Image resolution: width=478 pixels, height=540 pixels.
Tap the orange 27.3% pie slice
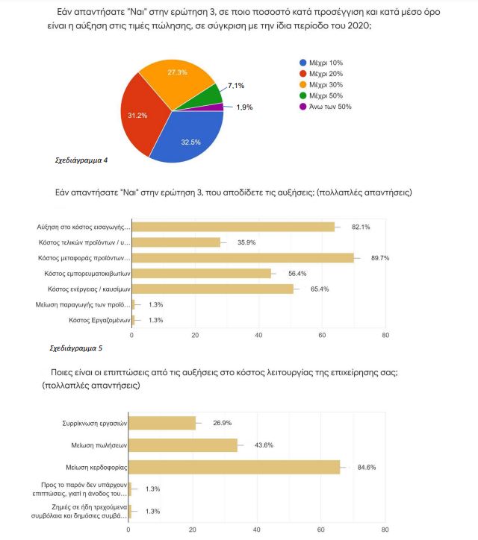click(176, 83)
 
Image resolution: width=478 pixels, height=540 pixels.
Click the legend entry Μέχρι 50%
click(321, 95)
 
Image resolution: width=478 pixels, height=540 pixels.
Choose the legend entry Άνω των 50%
click(326, 107)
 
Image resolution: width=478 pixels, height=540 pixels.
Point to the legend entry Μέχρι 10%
click(321, 63)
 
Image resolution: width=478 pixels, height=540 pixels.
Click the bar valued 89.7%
click(243, 258)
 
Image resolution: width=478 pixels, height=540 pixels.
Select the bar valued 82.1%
click(234, 227)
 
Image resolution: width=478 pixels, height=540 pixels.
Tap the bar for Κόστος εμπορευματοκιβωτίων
click(202, 274)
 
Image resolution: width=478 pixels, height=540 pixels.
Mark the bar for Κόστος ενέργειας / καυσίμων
click(213, 289)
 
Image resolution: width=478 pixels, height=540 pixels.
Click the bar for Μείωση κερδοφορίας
click(235, 467)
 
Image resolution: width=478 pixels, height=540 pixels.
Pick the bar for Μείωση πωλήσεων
click(183, 445)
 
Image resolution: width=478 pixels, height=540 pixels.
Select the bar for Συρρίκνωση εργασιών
click(162, 423)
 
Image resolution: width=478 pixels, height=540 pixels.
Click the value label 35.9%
click(246, 242)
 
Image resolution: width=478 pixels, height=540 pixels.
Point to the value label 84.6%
click(367, 468)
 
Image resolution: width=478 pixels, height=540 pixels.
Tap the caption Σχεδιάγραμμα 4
click(81, 160)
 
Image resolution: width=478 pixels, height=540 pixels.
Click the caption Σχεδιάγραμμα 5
click(76, 348)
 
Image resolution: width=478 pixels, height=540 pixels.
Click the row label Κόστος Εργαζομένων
click(99, 320)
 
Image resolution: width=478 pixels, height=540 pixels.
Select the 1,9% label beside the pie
click(244, 107)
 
